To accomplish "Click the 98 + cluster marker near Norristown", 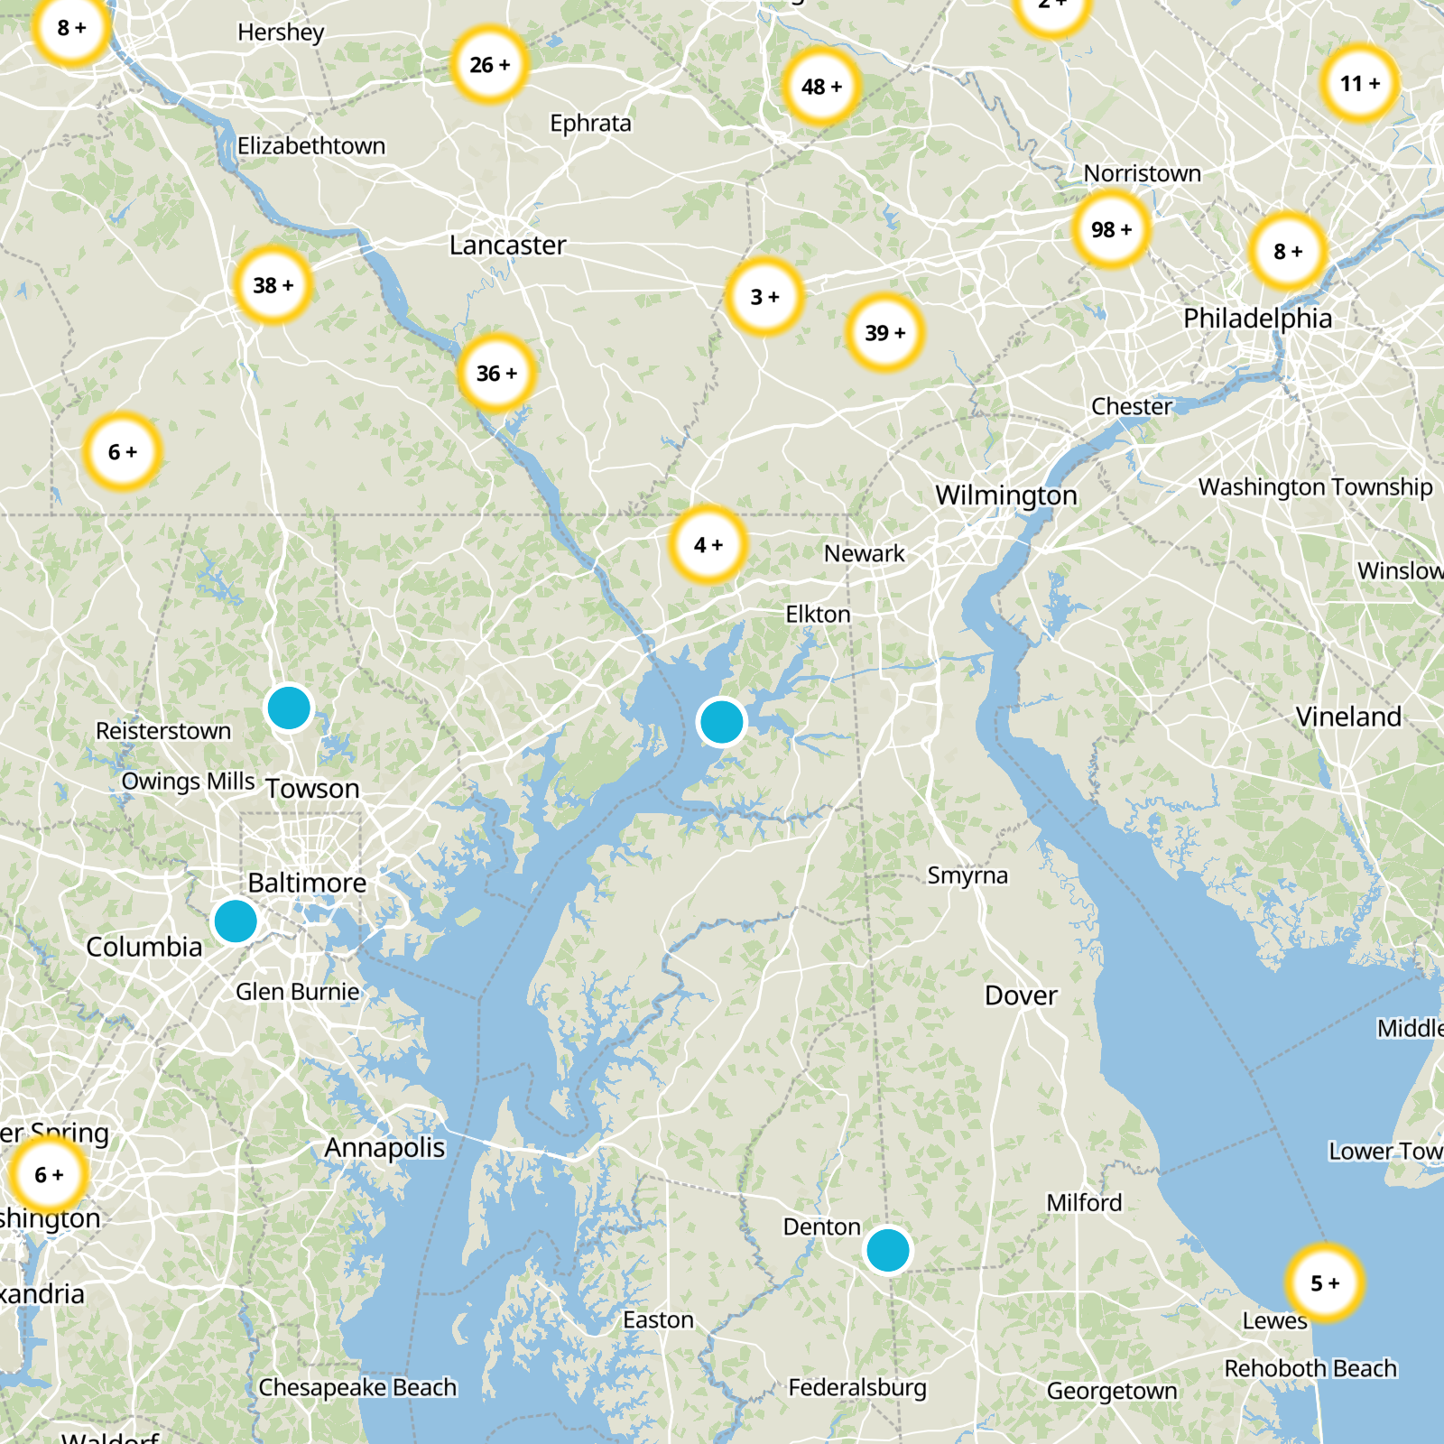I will click(1111, 229).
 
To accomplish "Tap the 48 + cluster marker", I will click(820, 87).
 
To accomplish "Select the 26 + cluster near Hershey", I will click(489, 65).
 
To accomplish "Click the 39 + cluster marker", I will click(884, 333).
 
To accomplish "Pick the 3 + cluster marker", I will click(764, 297).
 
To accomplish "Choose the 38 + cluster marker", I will click(273, 285).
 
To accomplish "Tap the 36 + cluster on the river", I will click(496, 374).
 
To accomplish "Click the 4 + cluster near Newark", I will click(708, 545).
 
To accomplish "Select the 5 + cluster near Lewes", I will click(1325, 1282).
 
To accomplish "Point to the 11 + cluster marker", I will click(1359, 84).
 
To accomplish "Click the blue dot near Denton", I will click(888, 1251).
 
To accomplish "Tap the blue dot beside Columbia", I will click(236, 921).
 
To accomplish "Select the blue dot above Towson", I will click(289, 708).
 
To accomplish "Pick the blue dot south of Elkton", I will click(721, 722).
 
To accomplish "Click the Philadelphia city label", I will click(1257, 319).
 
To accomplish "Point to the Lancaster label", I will click(507, 245).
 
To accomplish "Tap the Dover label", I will click(1021, 995).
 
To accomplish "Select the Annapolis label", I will click(385, 1148).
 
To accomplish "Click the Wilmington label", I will click(1006, 495).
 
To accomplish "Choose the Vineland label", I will click(1348, 717).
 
